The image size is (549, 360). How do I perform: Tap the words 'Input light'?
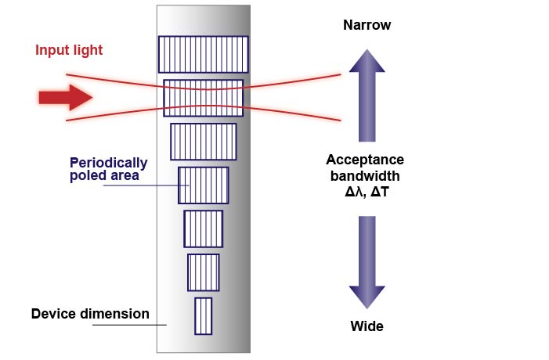tap(69, 51)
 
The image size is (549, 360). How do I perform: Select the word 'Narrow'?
tap(367, 26)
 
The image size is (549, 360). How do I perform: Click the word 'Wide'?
tap(367, 326)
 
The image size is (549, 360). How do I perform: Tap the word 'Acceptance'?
tap(365, 160)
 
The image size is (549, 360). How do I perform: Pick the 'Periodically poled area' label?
tap(109, 169)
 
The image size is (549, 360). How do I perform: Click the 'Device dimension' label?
tap(90, 315)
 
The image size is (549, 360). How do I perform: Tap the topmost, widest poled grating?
tap(203, 54)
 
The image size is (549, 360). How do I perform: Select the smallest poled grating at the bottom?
tap(203, 316)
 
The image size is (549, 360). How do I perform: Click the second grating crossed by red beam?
tap(203, 98)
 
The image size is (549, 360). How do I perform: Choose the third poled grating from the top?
tap(203, 141)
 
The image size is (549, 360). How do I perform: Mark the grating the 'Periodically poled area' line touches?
tap(203, 185)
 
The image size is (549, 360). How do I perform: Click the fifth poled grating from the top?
tap(203, 229)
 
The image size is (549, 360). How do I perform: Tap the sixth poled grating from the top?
tap(203, 272)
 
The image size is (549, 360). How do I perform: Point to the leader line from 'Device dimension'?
tap(129, 325)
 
